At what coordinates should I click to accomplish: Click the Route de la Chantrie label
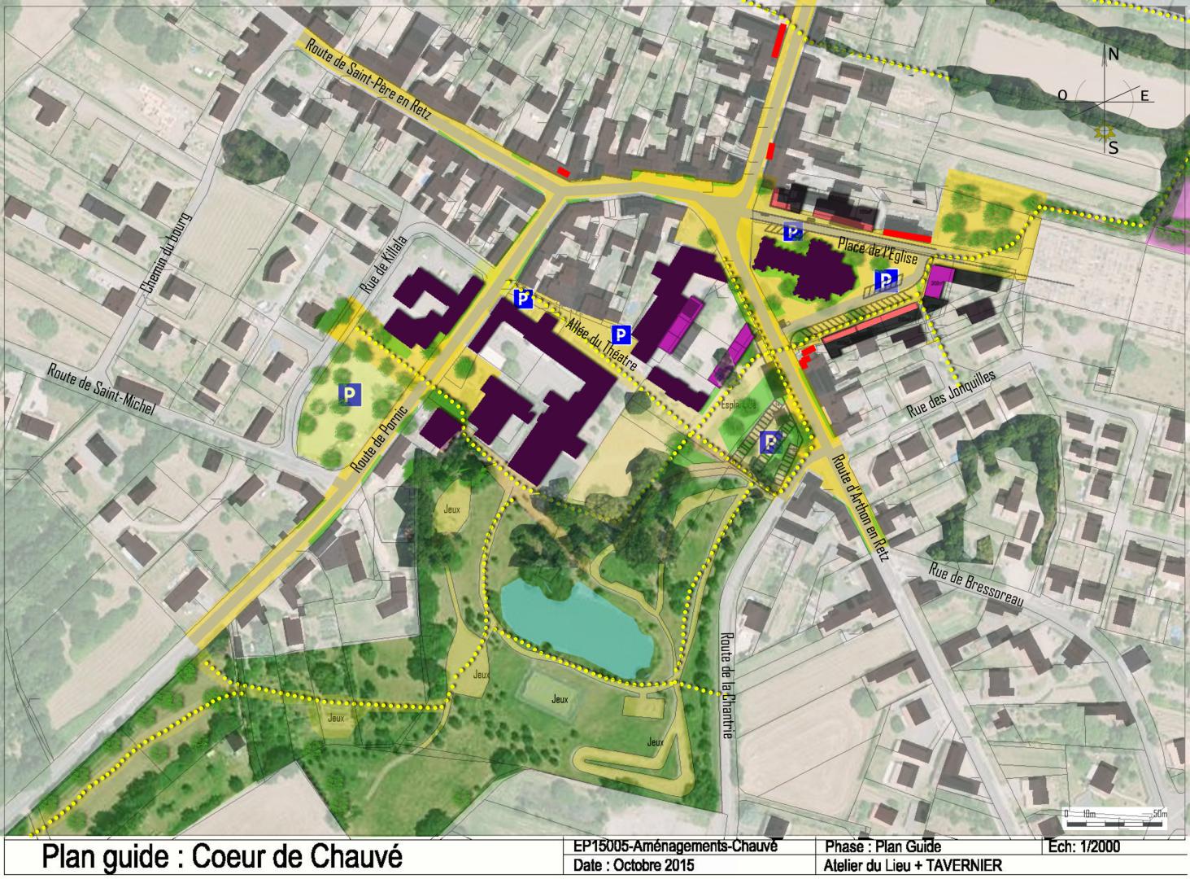click(x=728, y=685)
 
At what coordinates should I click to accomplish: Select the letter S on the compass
click(x=1114, y=148)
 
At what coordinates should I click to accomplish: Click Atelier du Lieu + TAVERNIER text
click(x=913, y=866)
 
